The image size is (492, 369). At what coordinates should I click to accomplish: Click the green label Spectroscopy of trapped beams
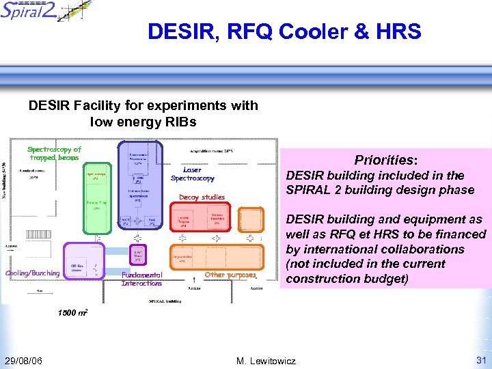[54, 153]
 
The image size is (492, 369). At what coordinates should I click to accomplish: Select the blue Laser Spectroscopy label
[192, 174]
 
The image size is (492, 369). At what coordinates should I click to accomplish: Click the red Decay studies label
[202, 197]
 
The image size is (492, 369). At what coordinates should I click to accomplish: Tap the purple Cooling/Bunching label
[32, 273]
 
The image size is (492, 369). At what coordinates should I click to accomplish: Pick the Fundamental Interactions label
[141, 279]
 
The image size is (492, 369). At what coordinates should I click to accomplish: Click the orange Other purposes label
[230, 275]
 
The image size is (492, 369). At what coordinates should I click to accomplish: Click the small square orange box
[251, 219]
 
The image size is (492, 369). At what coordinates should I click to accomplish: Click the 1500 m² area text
[72, 312]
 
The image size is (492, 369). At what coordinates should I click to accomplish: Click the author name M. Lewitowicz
[265, 360]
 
